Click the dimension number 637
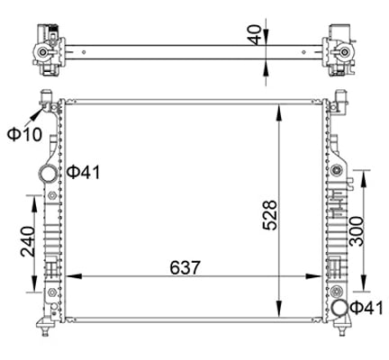point(181,266)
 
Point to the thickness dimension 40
point(258,37)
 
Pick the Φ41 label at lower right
point(366,310)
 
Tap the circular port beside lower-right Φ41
point(339,310)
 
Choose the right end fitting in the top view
point(339,45)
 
